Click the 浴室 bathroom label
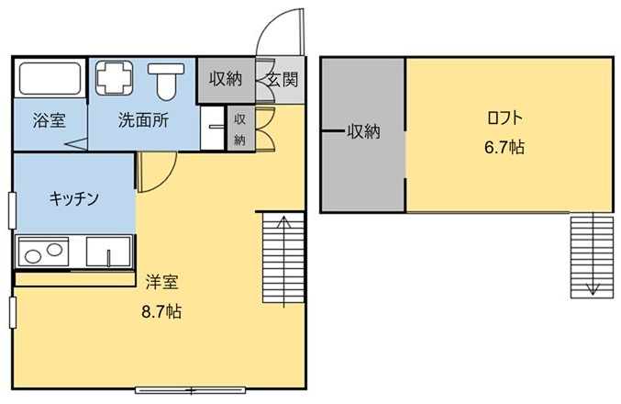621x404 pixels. coord(50,120)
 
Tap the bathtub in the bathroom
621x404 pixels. coord(50,78)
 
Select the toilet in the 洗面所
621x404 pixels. coord(166,81)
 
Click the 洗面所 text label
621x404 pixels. coord(144,119)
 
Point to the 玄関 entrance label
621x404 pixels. coord(282,80)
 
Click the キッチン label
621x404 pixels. coord(74,198)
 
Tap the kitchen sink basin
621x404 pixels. coord(108,252)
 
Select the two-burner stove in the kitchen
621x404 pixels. coord(43,252)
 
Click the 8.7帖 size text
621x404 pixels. coord(161,312)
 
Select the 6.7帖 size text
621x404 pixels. coord(505,148)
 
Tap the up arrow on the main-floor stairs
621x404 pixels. coord(284,262)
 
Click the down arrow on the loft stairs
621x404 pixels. coord(593,253)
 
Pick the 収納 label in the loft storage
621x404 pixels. coord(363,131)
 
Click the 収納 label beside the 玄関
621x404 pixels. coord(226,79)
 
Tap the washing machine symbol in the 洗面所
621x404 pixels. coord(114,78)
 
